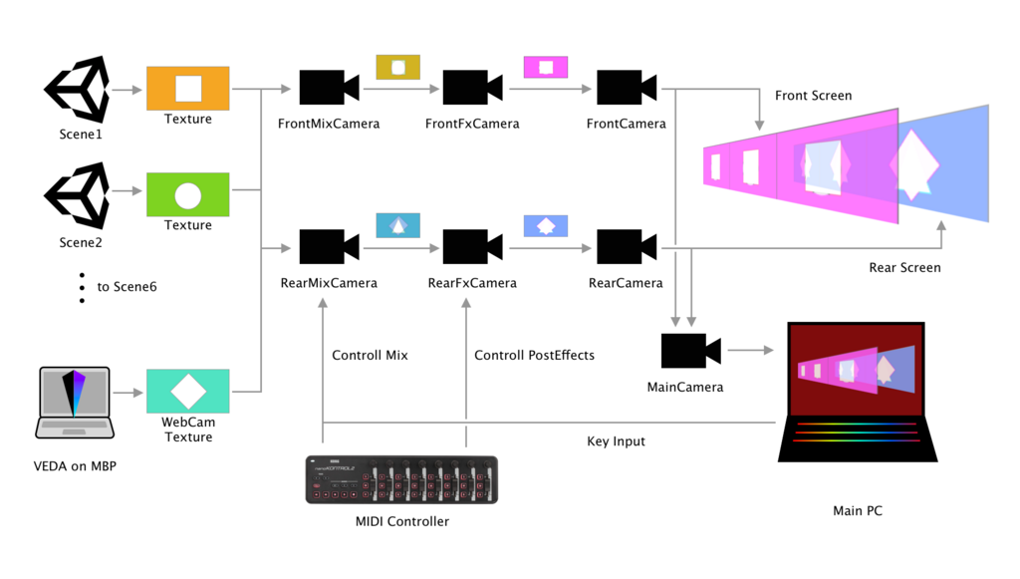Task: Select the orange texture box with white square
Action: coord(188,88)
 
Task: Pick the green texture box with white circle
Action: coord(188,194)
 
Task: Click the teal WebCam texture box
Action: coord(188,391)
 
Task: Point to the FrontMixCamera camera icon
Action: coord(328,88)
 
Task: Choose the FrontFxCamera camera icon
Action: coord(471,88)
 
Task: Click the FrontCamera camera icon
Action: coord(626,88)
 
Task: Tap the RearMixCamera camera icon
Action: coord(328,247)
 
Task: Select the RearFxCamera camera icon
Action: coord(471,247)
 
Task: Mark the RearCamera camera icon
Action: coord(626,247)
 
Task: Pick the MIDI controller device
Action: coord(401,479)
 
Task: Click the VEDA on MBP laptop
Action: coord(75,403)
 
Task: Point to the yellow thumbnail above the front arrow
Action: coord(397,67)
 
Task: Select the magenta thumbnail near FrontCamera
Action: coord(546,67)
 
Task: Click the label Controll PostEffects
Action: coord(534,356)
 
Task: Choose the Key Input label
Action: coord(616,441)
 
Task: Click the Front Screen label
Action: coord(813,96)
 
